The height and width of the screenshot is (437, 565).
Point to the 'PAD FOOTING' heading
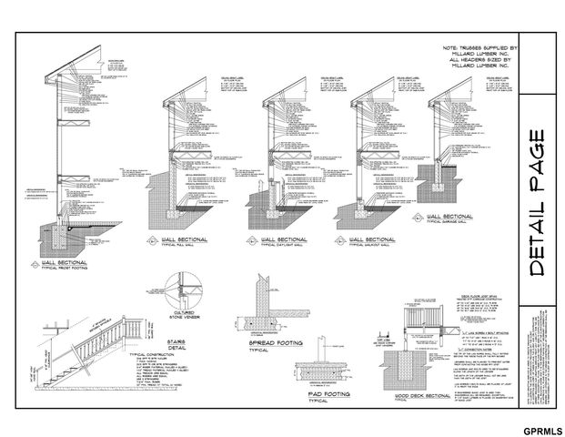click(319, 393)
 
